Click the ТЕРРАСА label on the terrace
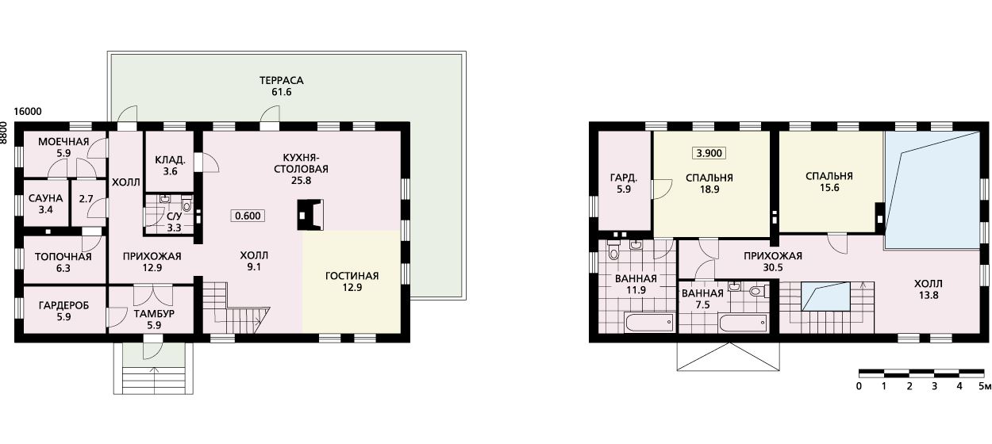[281, 81]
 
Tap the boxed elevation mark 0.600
[248, 216]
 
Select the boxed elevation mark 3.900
[709, 153]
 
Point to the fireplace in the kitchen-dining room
[310, 215]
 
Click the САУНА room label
[45, 198]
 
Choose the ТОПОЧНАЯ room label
[63, 257]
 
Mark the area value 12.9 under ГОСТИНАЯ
[352, 288]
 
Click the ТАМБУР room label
[154, 313]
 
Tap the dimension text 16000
[28, 112]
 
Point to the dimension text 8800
[4, 133]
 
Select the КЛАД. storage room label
[170, 159]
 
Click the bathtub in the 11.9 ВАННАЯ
[650, 323]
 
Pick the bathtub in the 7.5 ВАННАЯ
[744, 323]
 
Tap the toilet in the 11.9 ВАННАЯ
[613, 251]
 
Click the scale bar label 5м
[985, 386]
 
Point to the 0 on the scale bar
[859, 386]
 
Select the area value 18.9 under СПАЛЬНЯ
[709, 189]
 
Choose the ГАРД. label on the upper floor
[624, 178]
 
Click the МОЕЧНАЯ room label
[63, 142]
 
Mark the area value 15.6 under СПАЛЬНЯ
[829, 187]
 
